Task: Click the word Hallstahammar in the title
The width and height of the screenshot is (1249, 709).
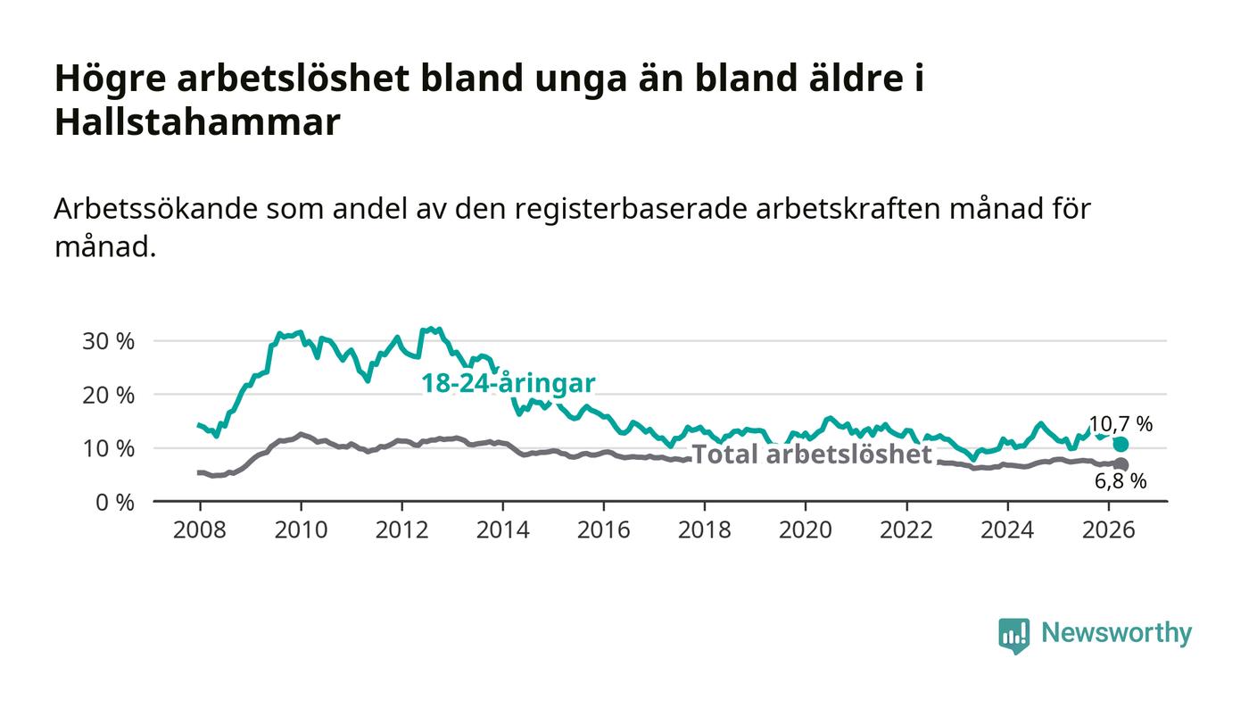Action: click(197, 122)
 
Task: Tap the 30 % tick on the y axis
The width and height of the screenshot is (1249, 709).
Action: click(108, 341)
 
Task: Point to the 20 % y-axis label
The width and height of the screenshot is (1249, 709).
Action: click(108, 396)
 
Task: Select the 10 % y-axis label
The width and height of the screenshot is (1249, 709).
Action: click(108, 449)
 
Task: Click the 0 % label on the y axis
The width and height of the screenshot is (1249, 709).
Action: click(115, 503)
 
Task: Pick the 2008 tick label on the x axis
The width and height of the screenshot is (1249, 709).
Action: click(200, 530)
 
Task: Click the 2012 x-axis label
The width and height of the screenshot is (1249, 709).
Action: click(401, 530)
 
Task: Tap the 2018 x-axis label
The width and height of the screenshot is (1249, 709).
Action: click(704, 530)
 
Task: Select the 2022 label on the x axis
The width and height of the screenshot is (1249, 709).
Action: click(906, 530)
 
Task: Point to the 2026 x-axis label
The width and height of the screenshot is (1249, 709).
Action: click(1108, 530)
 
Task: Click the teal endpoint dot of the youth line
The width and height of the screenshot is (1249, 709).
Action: click(1121, 445)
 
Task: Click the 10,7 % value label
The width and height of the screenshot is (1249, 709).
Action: click(1121, 424)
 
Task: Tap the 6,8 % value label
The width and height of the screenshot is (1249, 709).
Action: click(1121, 481)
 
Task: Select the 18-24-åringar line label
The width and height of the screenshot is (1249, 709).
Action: click(508, 384)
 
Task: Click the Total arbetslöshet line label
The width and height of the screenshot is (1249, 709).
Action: click(812, 455)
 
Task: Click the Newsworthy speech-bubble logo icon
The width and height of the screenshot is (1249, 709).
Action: click(1013, 636)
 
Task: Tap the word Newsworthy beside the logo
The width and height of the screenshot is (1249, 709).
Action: click(1116, 632)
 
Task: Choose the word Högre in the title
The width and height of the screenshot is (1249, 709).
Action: click(111, 79)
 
